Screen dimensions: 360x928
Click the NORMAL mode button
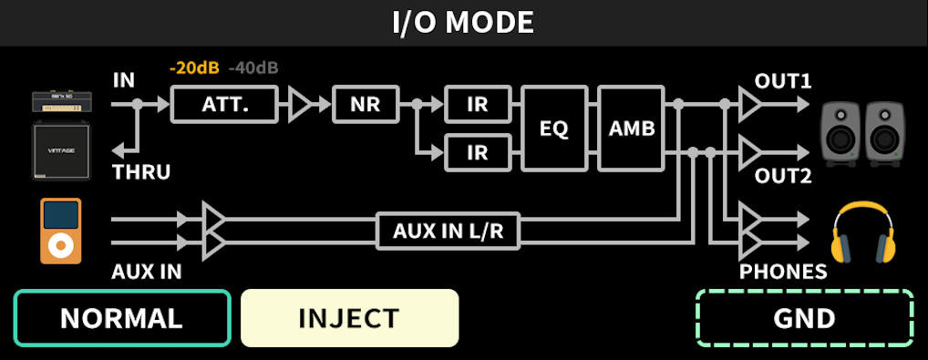pyautogui.click(x=121, y=318)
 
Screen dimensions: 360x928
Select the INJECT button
pyautogui.click(x=349, y=318)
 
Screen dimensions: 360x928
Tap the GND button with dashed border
pyautogui.click(x=805, y=318)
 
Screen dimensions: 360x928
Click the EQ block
pyautogui.click(x=553, y=129)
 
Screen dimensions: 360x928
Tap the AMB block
pyautogui.click(x=631, y=129)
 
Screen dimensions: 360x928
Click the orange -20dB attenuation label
pyautogui.click(x=194, y=68)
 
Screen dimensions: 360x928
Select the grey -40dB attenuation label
pyautogui.click(x=253, y=68)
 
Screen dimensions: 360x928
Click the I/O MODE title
pyautogui.click(x=463, y=23)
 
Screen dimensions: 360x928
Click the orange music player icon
pyautogui.click(x=60, y=231)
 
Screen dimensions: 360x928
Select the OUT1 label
pyautogui.click(x=782, y=80)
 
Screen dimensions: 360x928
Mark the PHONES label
pyautogui.click(x=782, y=272)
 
